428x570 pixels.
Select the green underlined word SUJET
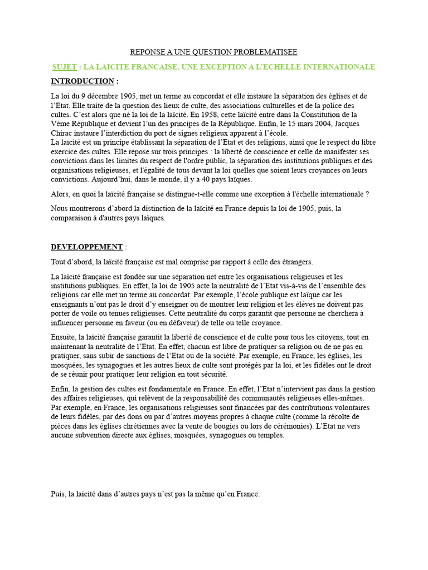[65, 67]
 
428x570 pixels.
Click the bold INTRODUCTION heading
[82, 81]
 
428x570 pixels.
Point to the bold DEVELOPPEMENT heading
[86, 247]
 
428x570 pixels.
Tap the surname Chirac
[64, 133]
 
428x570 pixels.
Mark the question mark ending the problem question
[367, 194]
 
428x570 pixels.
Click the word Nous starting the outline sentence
[60, 209]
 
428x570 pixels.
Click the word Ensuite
[64, 337]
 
